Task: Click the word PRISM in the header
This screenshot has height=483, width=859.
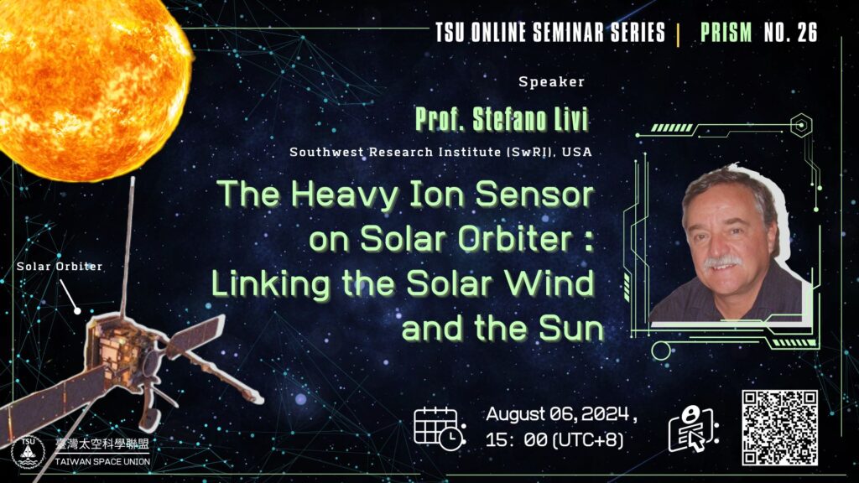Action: (x=726, y=33)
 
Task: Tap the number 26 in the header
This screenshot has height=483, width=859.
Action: (x=807, y=33)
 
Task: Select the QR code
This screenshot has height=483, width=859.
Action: (x=779, y=428)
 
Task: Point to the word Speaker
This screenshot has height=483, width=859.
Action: (x=552, y=82)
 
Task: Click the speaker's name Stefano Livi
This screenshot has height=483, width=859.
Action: (x=530, y=119)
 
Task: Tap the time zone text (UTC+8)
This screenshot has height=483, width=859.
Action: (x=588, y=439)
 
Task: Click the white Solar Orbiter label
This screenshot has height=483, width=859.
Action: (x=60, y=267)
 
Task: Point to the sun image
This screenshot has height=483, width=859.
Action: (x=92, y=87)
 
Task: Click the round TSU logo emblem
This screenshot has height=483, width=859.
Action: (x=28, y=452)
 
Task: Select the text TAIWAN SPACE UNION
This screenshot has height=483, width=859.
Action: (x=102, y=462)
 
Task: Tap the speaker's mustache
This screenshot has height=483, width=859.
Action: (x=722, y=262)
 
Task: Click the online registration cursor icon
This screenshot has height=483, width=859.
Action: (x=692, y=428)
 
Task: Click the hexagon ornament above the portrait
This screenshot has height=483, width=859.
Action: (x=801, y=126)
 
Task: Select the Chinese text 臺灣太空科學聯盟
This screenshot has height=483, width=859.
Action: (x=102, y=444)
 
